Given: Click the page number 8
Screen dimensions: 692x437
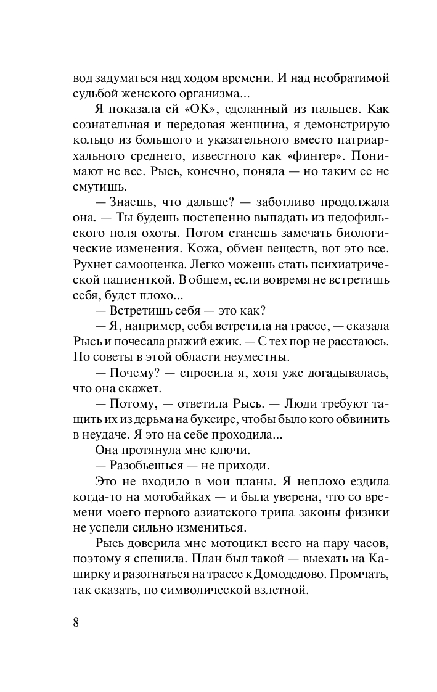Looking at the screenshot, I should point(76,621).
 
